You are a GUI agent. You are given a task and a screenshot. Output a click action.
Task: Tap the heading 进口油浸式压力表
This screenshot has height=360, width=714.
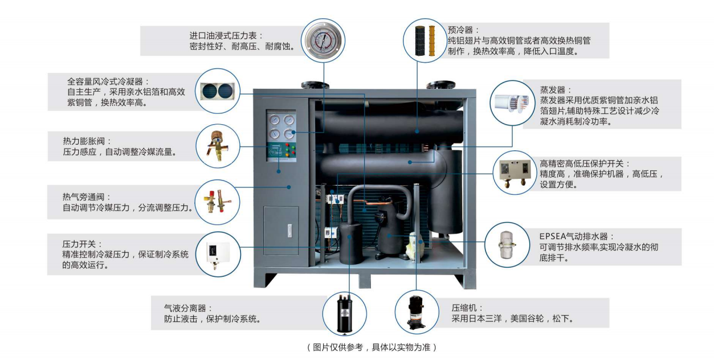pos(226,35)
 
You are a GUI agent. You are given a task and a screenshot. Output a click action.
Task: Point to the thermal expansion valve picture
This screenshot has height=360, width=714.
pos(217,145)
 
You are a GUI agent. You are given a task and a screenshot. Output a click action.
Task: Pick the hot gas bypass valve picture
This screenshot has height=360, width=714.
pos(217,200)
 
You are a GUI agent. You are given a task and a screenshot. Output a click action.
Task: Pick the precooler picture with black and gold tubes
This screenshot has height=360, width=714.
pos(425,39)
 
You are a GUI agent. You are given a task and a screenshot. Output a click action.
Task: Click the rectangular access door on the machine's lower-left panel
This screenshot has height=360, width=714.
pos(281,231)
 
